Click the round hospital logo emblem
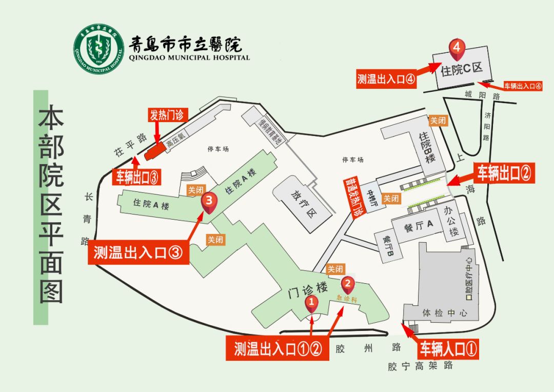click(99, 48)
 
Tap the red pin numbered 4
click(457, 48)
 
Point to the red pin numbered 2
click(348, 283)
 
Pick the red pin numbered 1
click(311, 302)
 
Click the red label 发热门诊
click(166, 115)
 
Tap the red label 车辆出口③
click(137, 177)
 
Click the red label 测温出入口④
click(386, 80)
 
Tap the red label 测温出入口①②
click(278, 349)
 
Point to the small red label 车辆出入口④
click(523, 86)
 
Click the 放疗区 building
click(302, 205)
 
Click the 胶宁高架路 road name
click(421, 366)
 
